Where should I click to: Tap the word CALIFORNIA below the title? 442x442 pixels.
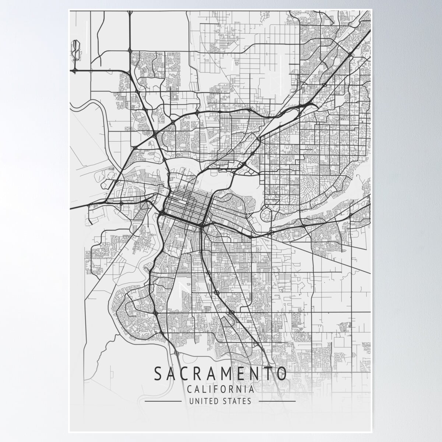point(220,389)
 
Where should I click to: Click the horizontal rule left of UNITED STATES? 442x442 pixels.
point(163,401)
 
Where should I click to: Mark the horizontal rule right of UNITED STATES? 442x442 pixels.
point(277,401)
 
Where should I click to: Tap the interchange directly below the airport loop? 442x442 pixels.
point(75,70)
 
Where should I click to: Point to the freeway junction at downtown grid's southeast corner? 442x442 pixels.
point(202,225)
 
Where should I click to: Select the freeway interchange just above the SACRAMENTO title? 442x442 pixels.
point(177,353)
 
